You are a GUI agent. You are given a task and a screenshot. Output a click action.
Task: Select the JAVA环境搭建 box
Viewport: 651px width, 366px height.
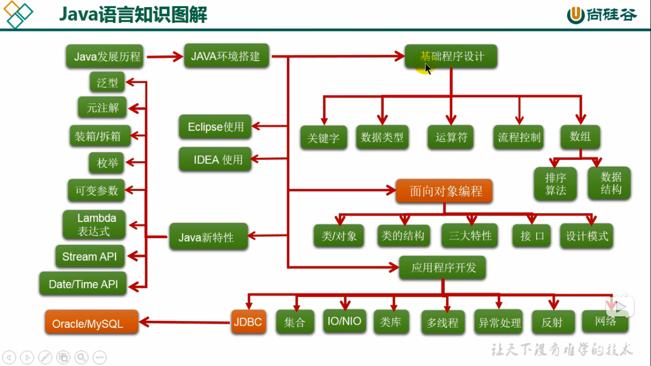pyautogui.click(x=226, y=56)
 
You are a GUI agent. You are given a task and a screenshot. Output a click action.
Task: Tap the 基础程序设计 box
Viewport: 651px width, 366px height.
pyautogui.click(x=451, y=56)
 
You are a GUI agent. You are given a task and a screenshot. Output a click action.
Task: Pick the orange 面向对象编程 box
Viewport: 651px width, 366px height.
pyautogui.click(x=444, y=191)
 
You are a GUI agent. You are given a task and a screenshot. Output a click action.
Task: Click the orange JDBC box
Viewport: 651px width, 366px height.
pyautogui.click(x=248, y=322)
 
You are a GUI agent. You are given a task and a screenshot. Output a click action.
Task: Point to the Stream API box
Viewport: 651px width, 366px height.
pyautogui.click(x=89, y=257)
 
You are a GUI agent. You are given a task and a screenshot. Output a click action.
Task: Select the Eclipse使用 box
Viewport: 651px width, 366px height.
pyautogui.click(x=215, y=127)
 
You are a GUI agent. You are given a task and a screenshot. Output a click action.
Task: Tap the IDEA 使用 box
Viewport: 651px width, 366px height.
pyautogui.click(x=215, y=160)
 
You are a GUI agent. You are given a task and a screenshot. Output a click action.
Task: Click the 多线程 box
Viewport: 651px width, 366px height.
pyautogui.click(x=443, y=323)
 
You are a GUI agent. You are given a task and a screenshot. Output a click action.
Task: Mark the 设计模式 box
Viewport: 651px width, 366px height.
pyautogui.click(x=587, y=236)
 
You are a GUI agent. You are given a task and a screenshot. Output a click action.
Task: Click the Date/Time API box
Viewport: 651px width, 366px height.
pyautogui.click(x=83, y=284)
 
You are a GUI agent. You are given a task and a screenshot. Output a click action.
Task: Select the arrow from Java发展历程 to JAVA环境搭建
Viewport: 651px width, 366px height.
pyautogui.click(x=165, y=57)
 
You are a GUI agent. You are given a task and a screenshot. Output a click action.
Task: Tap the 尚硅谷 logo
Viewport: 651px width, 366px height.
pyautogui.click(x=602, y=15)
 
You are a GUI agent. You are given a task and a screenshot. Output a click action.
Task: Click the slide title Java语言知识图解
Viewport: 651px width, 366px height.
pyautogui.click(x=133, y=15)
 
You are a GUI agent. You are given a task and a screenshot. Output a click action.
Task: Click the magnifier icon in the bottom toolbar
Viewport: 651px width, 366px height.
pyautogui.click(x=82, y=357)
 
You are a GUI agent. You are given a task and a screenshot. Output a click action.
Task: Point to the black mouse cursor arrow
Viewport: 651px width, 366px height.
pyautogui.click(x=428, y=69)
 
